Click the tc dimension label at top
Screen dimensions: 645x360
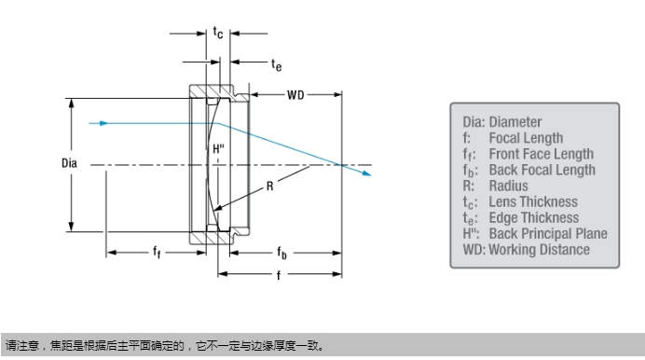pyautogui.click(x=218, y=32)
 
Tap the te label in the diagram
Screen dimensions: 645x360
pyautogui.click(x=277, y=64)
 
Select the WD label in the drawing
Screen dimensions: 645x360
pyautogui.click(x=295, y=95)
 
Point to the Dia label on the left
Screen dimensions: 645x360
pyautogui.click(x=69, y=163)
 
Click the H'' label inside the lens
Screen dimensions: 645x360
pyautogui.click(x=218, y=148)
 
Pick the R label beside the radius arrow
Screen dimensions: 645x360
pyautogui.click(x=270, y=187)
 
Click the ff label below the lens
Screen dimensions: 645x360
pyautogui.click(x=157, y=251)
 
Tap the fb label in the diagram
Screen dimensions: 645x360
pyautogui.click(x=281, y=252)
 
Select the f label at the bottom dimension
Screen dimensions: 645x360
pyautogui.click(x=279, y=275)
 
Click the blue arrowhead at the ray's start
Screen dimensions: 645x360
pyautogui.click(x=103, y=123)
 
